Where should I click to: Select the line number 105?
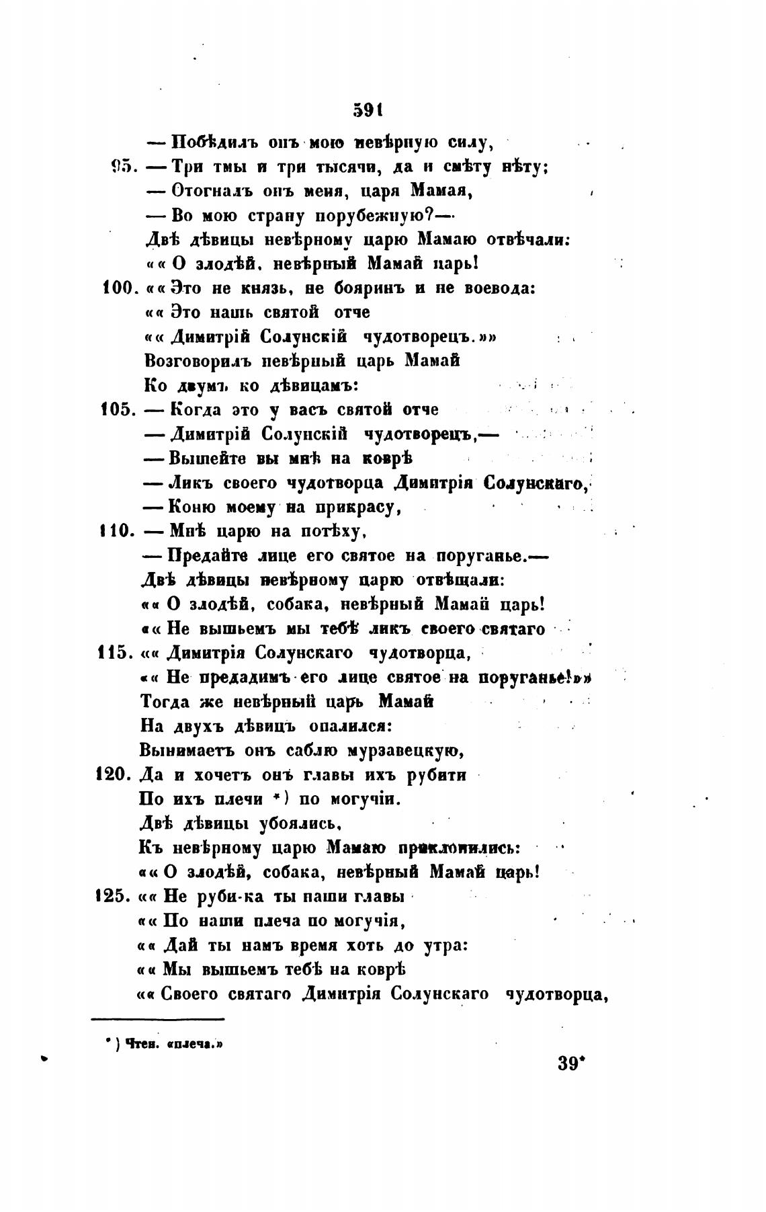pyautogui.click(x=119, y=409)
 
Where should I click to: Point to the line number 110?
pyautogui.click(x=118, y=531)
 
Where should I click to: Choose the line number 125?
pyautogui.click(x=116, y=896)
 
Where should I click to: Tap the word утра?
pyautogui.click(x=440, y=945)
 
